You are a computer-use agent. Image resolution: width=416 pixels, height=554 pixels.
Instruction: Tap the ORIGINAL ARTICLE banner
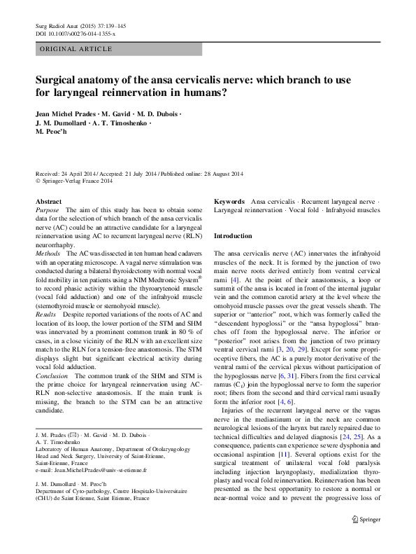[x=76, y=49]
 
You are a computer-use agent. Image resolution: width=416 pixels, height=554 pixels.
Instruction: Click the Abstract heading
[x=48, y=201]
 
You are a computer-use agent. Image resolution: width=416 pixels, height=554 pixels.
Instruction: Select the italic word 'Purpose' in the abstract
[x=48, y=210]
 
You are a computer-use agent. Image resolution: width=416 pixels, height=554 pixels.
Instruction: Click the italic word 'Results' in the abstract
[x=47, y=317]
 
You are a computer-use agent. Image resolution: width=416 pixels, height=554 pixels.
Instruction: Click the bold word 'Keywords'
[x=229, y=201]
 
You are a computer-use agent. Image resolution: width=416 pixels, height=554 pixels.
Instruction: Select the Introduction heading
[x=232, y=236]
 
